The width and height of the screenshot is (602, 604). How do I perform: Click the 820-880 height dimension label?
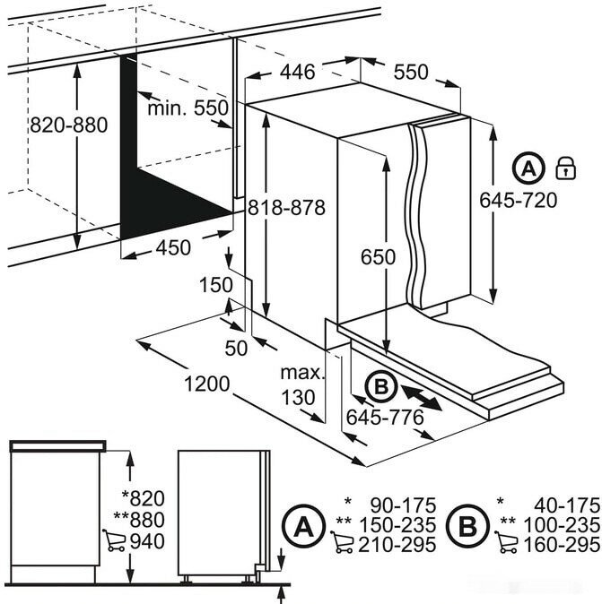pos(69,125)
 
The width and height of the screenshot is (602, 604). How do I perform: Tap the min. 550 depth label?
pos(188,108)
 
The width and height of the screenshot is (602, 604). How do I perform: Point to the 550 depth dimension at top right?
pos(411,72)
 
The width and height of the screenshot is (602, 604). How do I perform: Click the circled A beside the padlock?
pos(529,168)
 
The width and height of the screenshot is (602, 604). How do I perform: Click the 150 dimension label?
pos(215,285)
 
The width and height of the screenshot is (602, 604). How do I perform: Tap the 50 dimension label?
pos(235,349)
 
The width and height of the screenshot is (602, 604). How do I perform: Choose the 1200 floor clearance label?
pos(206,385)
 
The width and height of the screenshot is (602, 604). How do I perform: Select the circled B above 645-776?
pos(380,387)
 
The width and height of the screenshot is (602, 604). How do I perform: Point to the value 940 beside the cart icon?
pos(148,540)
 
